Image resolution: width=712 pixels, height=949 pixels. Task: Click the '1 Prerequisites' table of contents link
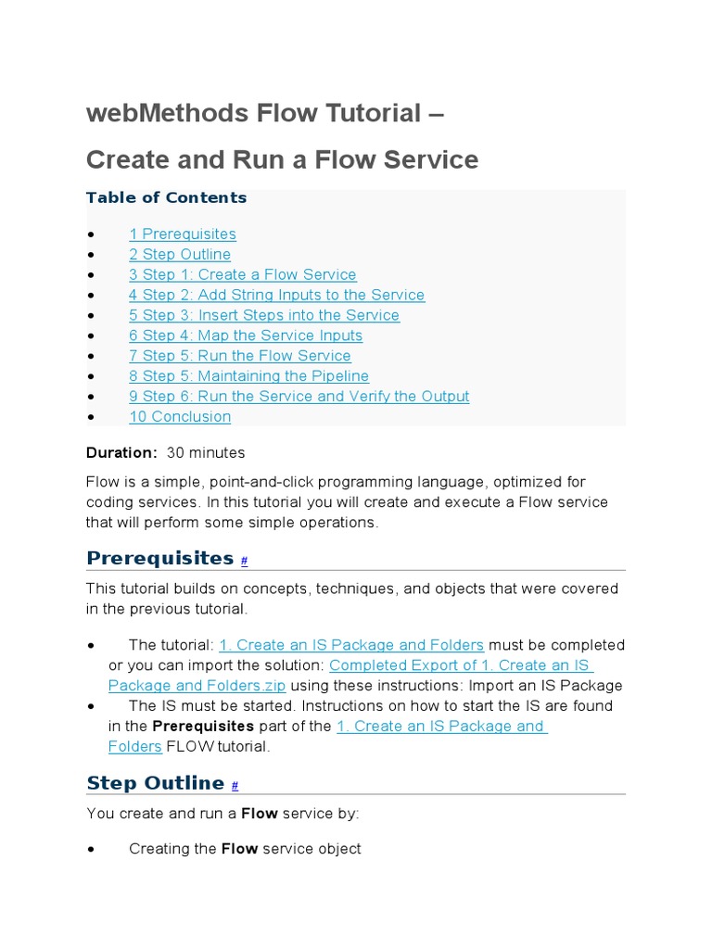point(183,234)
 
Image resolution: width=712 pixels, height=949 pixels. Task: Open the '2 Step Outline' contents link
point(180,255)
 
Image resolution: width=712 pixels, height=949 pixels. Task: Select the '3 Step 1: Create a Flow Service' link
point(243,275)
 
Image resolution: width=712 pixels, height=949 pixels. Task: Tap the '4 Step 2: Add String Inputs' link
point(276,296)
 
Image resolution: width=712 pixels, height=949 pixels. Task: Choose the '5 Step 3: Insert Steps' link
point(264,316)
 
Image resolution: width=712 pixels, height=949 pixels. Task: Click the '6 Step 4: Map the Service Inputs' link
point(246,336)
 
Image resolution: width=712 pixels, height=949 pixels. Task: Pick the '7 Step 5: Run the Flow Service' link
point(240,357)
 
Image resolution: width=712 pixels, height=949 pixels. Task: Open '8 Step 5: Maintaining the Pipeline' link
point(248,376)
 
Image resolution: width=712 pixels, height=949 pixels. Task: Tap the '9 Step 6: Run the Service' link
point(299,397)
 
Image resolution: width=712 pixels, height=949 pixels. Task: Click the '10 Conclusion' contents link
point(180,417)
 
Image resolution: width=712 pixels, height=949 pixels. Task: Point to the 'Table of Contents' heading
point(166,197)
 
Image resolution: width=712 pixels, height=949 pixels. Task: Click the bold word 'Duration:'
point(121,453)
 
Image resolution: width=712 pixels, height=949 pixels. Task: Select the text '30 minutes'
point(206,453)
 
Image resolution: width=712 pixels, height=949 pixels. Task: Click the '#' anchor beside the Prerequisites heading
point(244,562)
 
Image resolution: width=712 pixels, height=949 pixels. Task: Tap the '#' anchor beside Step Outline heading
point(235,786)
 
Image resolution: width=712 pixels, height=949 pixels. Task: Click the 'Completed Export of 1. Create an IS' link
point(461,665)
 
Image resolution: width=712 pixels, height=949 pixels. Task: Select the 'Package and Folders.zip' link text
point(197,686)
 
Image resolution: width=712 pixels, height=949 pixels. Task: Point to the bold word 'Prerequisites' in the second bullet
point(203,727)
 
